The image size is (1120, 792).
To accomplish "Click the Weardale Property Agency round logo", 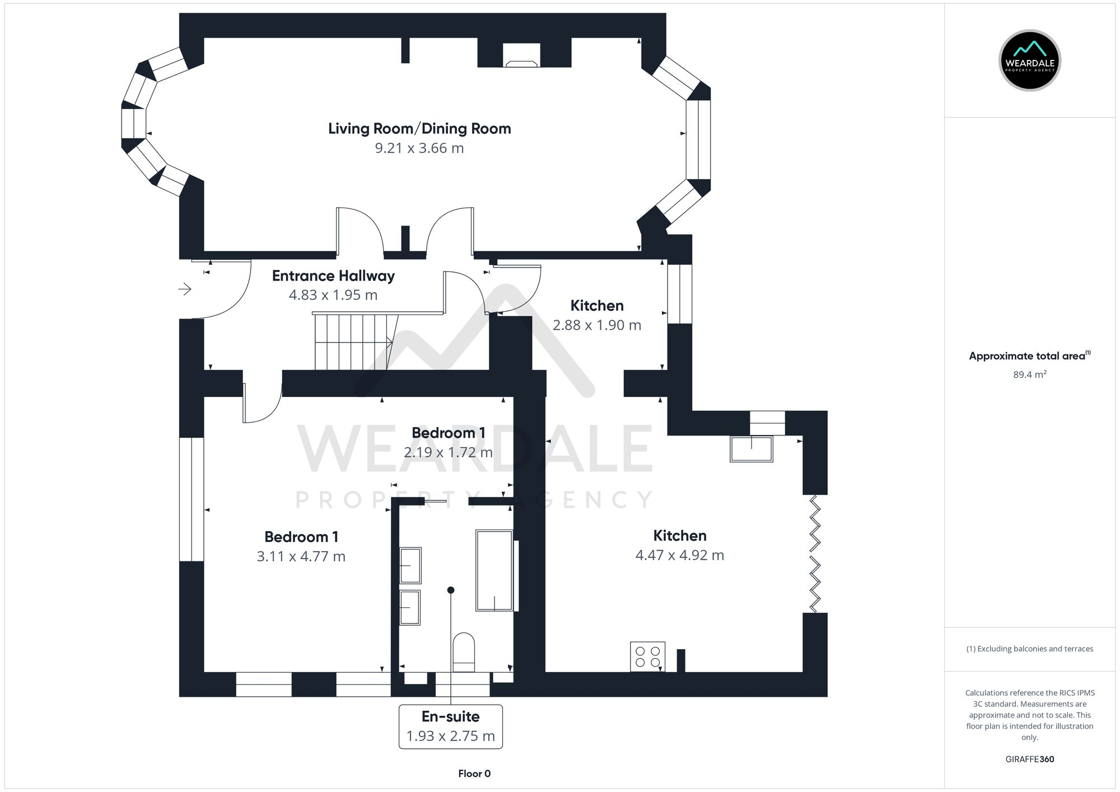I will tap(1029, 60).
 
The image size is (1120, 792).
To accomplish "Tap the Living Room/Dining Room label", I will tap(419, 129).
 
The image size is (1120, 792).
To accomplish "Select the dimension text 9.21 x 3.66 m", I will tap(419, 148).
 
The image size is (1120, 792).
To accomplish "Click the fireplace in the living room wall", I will tap(521, 56).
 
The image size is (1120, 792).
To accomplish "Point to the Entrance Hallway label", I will tap(333, 276).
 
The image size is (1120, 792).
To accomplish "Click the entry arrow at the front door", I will tap(185, 289).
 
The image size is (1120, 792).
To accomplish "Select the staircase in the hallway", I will tap(353, 342).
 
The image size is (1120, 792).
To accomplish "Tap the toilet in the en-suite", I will tap(464, 652).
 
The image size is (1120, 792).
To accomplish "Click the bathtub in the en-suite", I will tap(494, 570).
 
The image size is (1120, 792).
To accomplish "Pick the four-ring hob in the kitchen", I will tap(647, 657).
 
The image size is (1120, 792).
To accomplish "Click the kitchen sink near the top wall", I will tap(751, 449).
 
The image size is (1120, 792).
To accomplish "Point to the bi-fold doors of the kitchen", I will tap(815, 554).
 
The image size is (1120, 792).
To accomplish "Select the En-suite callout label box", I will tap(450, 727).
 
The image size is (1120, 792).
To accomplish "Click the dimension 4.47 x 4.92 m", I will tap(679, 555).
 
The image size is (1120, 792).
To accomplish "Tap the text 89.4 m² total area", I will tap(1029, 374).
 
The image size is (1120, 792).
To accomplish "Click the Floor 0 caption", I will tap(474, 774).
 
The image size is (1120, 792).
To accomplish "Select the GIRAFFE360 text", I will tap(1029, 759).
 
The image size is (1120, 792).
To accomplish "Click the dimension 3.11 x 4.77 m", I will tap(301, 556).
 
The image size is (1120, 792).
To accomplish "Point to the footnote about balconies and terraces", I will tap(1029, 649).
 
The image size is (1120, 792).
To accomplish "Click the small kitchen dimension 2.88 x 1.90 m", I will tap(596, 325).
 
